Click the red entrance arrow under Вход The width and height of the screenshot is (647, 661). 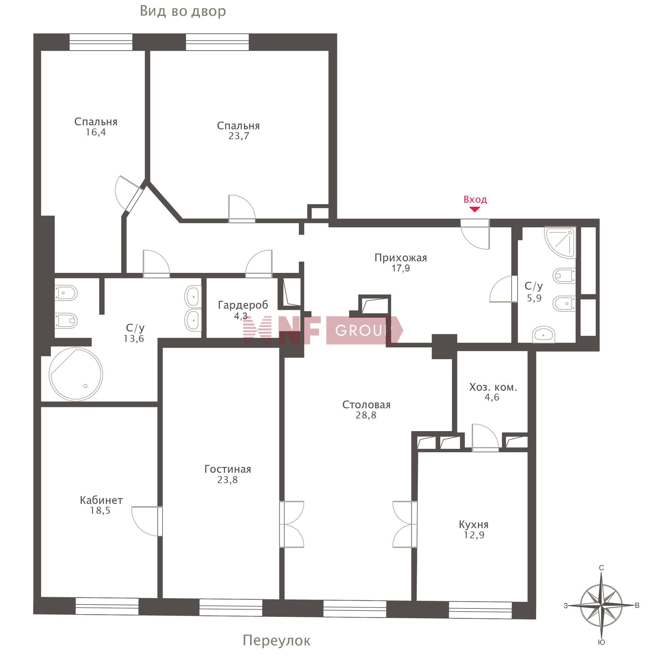click(x=475, y=209)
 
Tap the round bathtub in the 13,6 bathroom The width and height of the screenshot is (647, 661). click(x=75, y=374)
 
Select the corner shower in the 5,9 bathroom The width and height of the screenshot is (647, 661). click(x=560, y=243)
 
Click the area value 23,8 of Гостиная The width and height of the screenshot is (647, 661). click(x=227, y=480)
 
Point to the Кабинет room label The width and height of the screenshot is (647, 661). click(x=101, y=500)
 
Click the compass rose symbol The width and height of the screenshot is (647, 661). click(x=601, y=605)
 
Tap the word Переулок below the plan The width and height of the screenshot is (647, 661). click(x=276, y=641)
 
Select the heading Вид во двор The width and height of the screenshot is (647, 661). click(x=183, y=11)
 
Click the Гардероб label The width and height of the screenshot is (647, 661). click(x=243, y=305)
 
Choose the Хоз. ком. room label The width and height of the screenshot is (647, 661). click(x=493, y=387)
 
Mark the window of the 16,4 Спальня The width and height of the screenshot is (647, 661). click(x=101, y=42)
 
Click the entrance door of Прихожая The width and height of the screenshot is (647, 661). click(x=475, y=234)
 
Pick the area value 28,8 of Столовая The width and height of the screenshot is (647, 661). click(x=366, y=415)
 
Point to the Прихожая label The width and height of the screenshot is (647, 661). click(x=401, y=258)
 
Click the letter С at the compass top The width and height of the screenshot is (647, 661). click(x=601, y=568)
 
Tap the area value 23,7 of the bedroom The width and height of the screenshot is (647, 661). click(x=239, y=136)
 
